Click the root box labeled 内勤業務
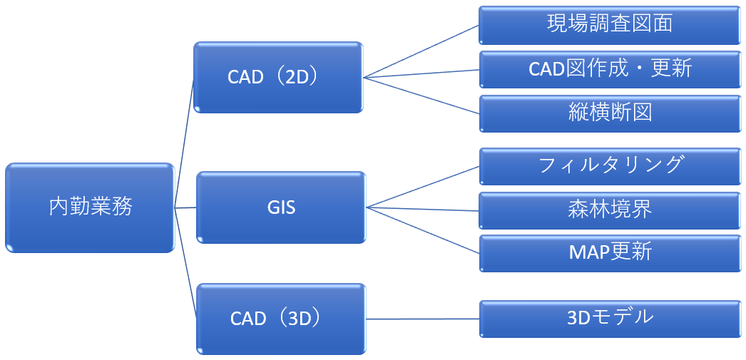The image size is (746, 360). (x=90, y=207)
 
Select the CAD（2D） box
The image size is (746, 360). (x=278, y=77)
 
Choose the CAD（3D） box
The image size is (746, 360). (x=280, y=318)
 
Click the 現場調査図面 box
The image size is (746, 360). (x=609, y=25)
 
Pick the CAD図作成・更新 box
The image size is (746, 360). (x=609, y=68)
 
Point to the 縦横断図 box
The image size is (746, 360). (x=609, y=113)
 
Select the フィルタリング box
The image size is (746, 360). (x=609, y=165)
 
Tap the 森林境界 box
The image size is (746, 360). (x=609, y=210)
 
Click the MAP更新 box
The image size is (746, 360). (x=609, y=252)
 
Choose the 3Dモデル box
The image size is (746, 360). (x=609, y=317)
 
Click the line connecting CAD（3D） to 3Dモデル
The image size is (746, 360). (x=422, y=319)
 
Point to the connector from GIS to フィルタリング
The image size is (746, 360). (x=422, y=187)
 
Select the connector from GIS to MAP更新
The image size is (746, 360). (x=422, y=230)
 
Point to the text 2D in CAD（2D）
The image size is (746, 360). (x=295, y=77)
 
